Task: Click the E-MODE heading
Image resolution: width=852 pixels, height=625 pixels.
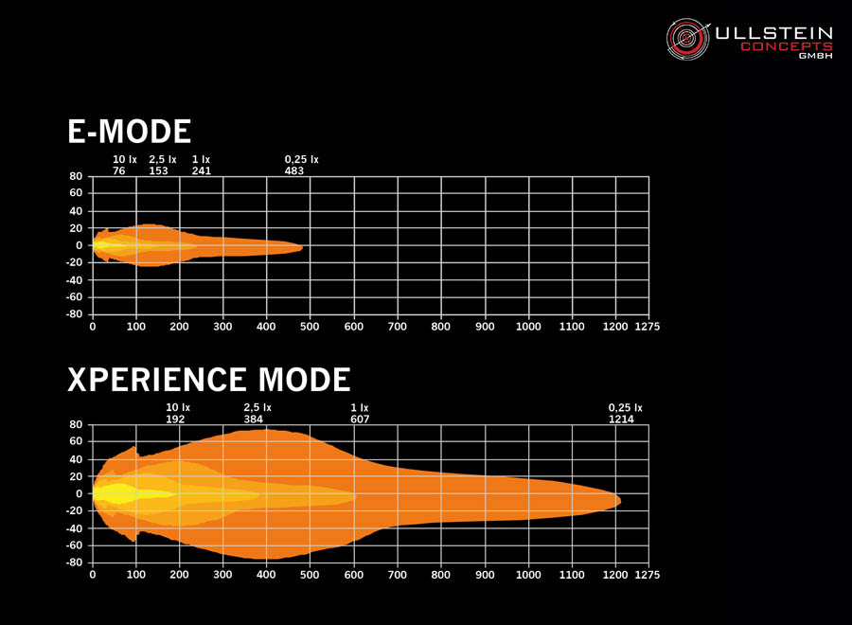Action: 130,132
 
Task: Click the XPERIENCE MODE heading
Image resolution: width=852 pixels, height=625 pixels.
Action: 209,380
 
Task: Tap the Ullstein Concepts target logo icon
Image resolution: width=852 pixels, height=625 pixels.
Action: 687,38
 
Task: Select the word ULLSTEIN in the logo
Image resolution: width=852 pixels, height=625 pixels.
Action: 773,32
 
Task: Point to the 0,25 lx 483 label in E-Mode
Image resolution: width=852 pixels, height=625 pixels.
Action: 301,166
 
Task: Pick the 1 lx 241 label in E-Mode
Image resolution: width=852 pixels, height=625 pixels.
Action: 201,166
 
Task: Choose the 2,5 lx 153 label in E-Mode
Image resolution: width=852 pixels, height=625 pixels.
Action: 162,166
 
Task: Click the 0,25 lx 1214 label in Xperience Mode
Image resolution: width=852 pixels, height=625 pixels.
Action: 625,413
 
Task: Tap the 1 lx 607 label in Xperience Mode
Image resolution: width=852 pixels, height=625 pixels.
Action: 360,413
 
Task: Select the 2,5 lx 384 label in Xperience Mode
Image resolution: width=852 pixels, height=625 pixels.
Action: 257,413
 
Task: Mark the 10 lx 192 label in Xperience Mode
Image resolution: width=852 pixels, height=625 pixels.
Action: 178,413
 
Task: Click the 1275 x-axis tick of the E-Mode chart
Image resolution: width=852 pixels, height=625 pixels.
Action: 648,327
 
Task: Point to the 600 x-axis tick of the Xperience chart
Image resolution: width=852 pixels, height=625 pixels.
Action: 353,575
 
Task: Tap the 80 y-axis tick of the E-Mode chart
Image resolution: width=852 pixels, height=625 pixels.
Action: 76,176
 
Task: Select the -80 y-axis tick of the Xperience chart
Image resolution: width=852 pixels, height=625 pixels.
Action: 74,562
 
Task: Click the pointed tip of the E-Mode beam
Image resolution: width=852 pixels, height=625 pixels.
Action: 302,248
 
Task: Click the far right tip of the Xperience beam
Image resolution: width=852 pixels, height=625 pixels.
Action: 620,499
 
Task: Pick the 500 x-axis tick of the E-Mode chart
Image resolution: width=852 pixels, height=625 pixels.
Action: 310,327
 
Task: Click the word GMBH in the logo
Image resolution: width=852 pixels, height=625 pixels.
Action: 815,56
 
